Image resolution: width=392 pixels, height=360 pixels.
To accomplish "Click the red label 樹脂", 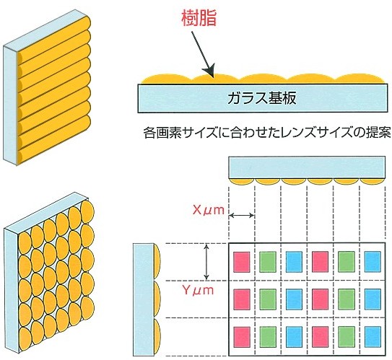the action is pyautogui.click(x=199, y=18).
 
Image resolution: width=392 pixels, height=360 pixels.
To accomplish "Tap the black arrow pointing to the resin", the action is pyautogui.click(x=203, y=54).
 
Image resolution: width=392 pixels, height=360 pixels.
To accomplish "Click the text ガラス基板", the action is pyautogui.click(x=262, y=98).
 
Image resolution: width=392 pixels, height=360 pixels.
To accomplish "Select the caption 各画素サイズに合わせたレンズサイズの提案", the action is pyautogui.click(x=267, y=133).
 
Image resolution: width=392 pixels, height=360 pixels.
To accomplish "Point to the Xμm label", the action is pyautogui.click(x=209, y=210).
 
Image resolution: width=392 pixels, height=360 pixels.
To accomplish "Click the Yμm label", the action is pyautogui.click(x=198, y=290).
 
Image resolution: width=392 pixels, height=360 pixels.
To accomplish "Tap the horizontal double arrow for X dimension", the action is pyautogui.click(x=242, y=215).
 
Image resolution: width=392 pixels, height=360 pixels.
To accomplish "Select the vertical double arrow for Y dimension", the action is pyautogui.click(x=206, y=262).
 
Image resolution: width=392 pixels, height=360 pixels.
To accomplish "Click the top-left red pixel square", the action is pyautogui.click(x=242, y=262).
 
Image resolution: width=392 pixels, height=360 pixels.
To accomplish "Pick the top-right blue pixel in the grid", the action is pyautogui.click(x=373, y=262).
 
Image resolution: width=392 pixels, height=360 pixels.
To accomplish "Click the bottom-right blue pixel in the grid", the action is pyautogui.click(x=373, y=337).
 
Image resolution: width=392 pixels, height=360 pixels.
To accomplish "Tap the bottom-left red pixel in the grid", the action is pyautogui.click(x=242, y=337).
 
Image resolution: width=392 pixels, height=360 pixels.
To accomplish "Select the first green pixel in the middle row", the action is pyautogui.click(x=268, y=299).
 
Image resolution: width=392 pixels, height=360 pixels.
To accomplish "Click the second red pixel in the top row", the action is pyautogui.click(x=320, y=262).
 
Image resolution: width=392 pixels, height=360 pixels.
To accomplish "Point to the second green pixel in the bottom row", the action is pyautogui.click(x=347, y=337).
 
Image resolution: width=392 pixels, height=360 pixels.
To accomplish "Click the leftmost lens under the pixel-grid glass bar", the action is pyautogui.click(x=242, y=182).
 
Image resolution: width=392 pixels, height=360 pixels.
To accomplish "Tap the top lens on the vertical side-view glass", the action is pyautogui.click(x=157, y=262).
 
